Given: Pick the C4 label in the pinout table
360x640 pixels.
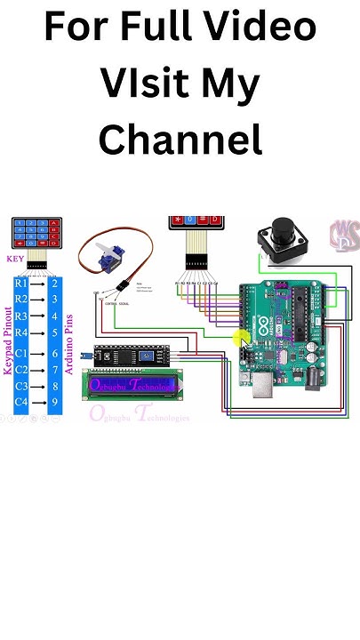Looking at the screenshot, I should [20, 402].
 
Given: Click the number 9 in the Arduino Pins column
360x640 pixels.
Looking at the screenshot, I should [55, 402].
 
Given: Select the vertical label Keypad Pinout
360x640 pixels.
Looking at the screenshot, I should [7, 342].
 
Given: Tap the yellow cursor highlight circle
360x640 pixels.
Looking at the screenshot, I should [241, 340].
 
